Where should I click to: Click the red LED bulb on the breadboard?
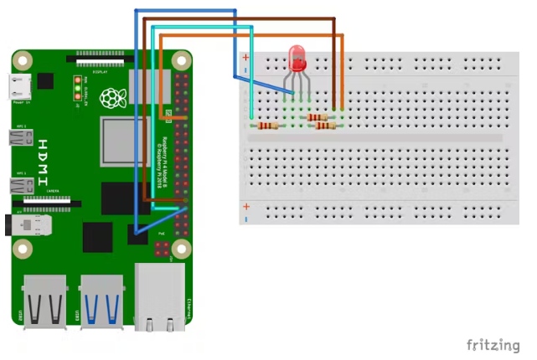pyautogui.click(x=297, y=59)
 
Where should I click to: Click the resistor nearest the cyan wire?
pyautogui.click(x=266, y=126)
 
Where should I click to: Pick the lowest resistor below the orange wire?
pyautogui.click(x=324, y=126)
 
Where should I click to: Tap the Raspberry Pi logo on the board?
pyautogui.click(x=111, y=99)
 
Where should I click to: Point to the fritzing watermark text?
pyautogui.click(x=493, y=344)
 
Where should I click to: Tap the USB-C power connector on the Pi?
pyautogui.click(x=18, y=85)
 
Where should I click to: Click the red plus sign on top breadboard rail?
pyautogui.click(x=245, y=58)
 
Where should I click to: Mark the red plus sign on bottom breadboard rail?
pyautogui.click(x=245, y=206)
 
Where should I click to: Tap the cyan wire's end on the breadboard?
pyautogui.click(x=253, y=116)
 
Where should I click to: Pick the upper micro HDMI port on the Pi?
pyautogui.click(x=18, y=138)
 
